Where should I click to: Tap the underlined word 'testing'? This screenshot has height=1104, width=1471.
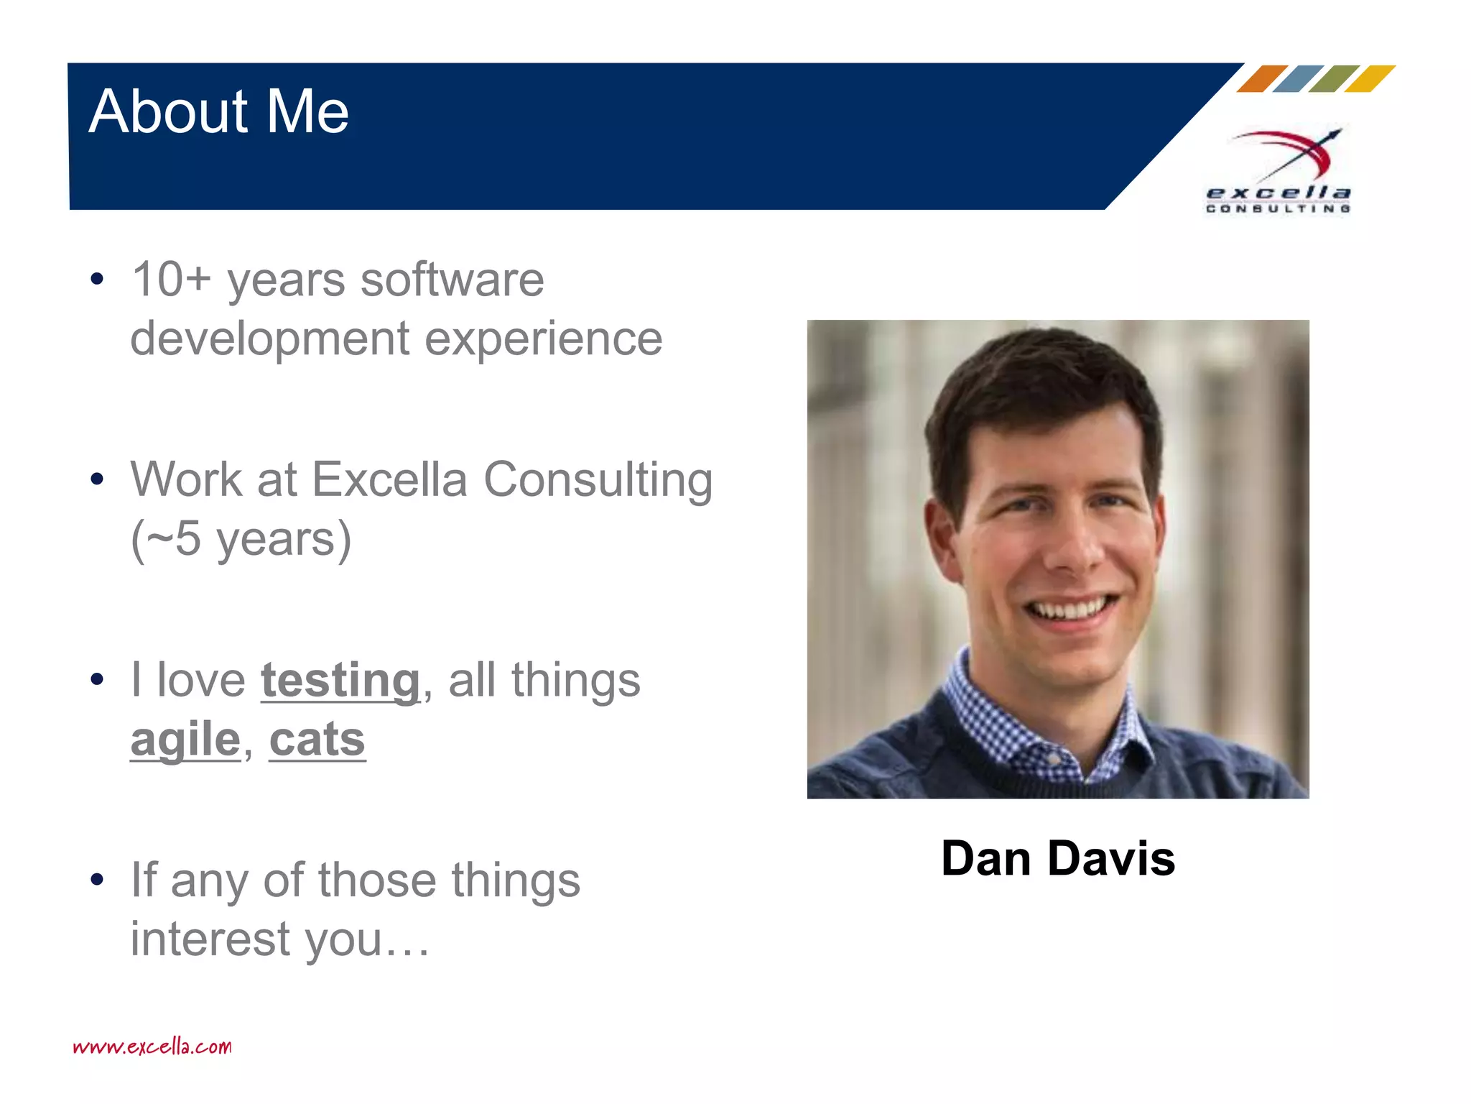coord(340,680)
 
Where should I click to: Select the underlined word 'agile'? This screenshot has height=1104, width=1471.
coord(185,740)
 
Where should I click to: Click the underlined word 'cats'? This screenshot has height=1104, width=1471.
coord(317,740)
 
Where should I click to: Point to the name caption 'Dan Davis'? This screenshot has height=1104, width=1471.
coord(1058,858)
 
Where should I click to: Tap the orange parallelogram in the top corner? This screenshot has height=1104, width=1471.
coord(1262,79)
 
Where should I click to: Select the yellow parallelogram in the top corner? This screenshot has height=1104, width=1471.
coord(1370,79)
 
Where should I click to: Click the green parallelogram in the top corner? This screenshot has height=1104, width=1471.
coord(1334,79)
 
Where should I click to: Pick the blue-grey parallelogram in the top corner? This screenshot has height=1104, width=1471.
coord(1298,79)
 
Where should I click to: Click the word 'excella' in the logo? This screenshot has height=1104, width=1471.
coord(1279,193)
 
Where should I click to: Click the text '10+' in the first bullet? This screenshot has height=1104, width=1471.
coord(171,280)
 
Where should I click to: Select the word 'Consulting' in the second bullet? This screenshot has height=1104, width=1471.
coord(598,479)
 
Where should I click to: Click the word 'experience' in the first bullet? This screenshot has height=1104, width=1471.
coord(543,339)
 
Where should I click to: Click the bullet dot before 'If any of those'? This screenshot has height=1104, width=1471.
coord(98,880)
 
